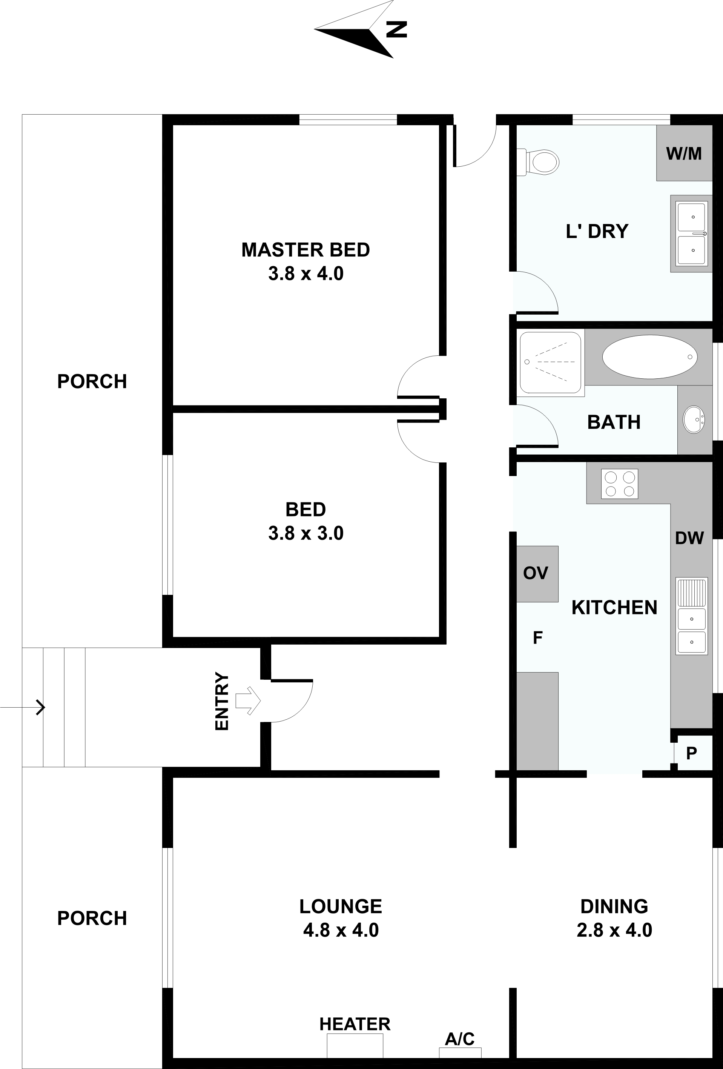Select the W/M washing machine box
684,153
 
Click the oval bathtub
649,357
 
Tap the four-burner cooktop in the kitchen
620,484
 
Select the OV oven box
537,574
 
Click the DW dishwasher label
689,538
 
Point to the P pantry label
691,753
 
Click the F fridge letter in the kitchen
538,638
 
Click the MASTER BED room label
306,250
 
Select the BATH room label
614,422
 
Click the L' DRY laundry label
597,231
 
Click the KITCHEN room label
614,608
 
